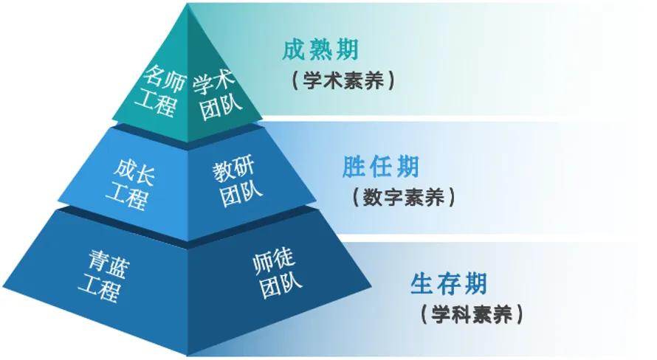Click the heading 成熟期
click(320, 50)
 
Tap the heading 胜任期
click(380, 167)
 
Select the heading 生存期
click(448, 284)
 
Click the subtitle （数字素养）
click(403, 198)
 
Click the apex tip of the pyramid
click(188, 6)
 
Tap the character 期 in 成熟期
click(345, 50)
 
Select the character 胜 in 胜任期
click(355, 167)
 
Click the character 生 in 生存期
click(423, 284)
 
